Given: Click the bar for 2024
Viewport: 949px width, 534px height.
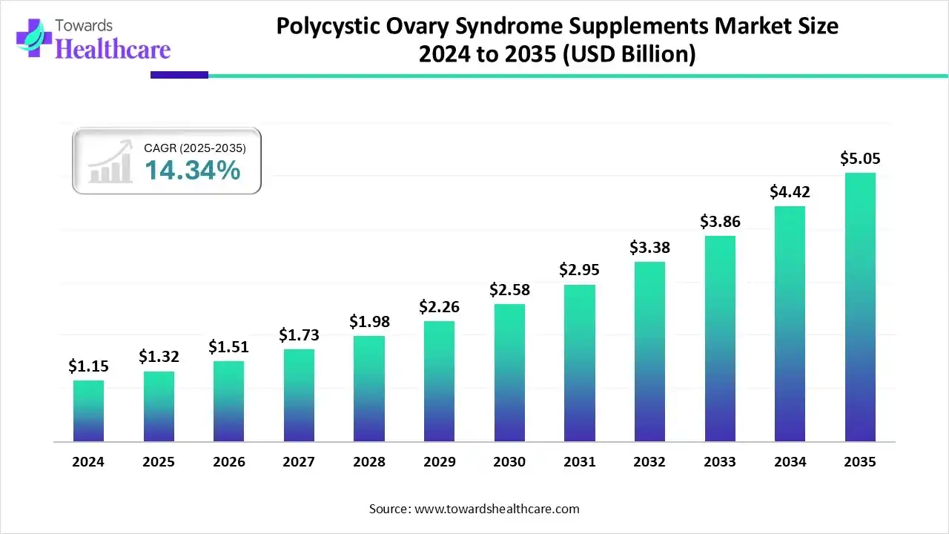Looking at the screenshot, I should coord(88,411).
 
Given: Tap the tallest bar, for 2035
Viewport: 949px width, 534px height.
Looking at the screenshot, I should coord(860,307).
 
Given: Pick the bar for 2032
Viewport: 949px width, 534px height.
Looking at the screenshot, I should coord(649,352).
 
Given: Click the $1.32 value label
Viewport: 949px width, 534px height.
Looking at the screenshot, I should coord(159,357).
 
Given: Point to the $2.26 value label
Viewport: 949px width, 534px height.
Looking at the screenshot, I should coord(439,306).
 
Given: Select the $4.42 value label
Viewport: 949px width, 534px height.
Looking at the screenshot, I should coord(790,192).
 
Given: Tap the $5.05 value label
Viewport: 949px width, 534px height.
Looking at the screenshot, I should coord(860,159).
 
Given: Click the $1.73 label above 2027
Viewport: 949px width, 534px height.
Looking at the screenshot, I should coord(299,335).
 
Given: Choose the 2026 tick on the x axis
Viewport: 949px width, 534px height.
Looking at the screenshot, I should coord(228,461).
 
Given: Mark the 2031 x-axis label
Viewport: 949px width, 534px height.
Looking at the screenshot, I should coord(579,461).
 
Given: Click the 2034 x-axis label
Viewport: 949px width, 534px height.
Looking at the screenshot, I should coord(790,461).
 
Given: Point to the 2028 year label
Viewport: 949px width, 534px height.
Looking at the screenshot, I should coord(369,461).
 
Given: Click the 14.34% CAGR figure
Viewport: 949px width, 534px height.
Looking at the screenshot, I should coord(192,171).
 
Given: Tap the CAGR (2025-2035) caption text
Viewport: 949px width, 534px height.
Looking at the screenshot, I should coord(195,148).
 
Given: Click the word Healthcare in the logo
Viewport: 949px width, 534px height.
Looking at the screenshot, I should coord(113,49).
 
